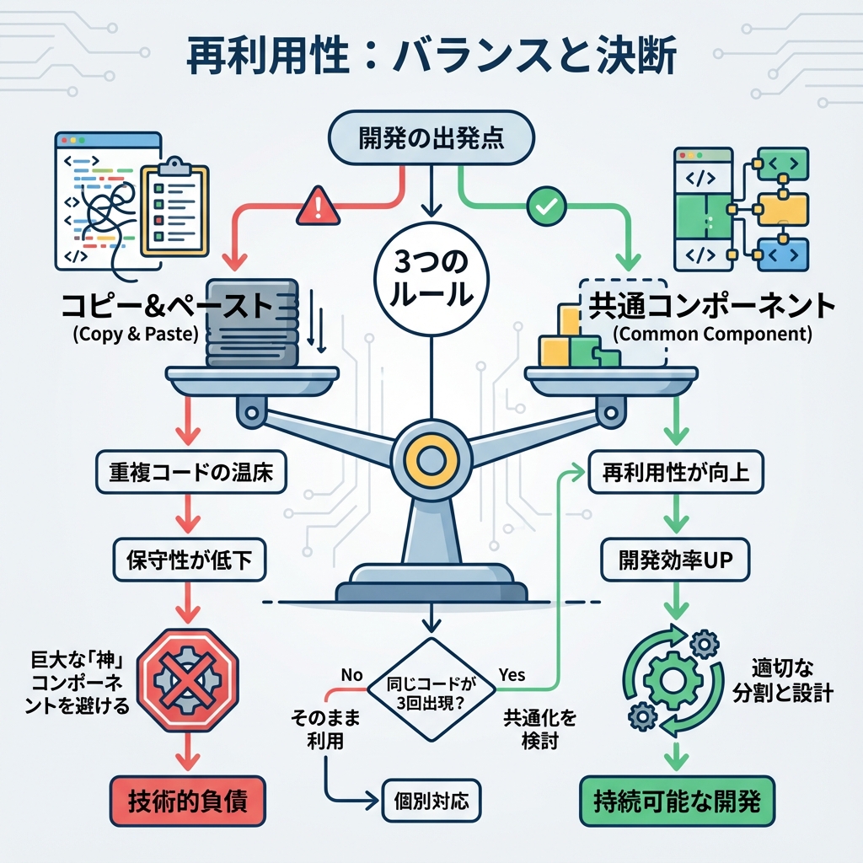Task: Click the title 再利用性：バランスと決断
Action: click(x=431, y=56)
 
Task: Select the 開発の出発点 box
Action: click(x=431, y=138)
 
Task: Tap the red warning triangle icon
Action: click(x=318, y=207)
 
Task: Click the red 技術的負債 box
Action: click(x=188, y=800)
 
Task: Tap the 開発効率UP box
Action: click(x=675, y=557)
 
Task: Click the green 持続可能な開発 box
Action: click(x=677, y=800)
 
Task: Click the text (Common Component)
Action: click(x=712, y=334)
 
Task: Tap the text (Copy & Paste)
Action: click(x=136, y=334)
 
